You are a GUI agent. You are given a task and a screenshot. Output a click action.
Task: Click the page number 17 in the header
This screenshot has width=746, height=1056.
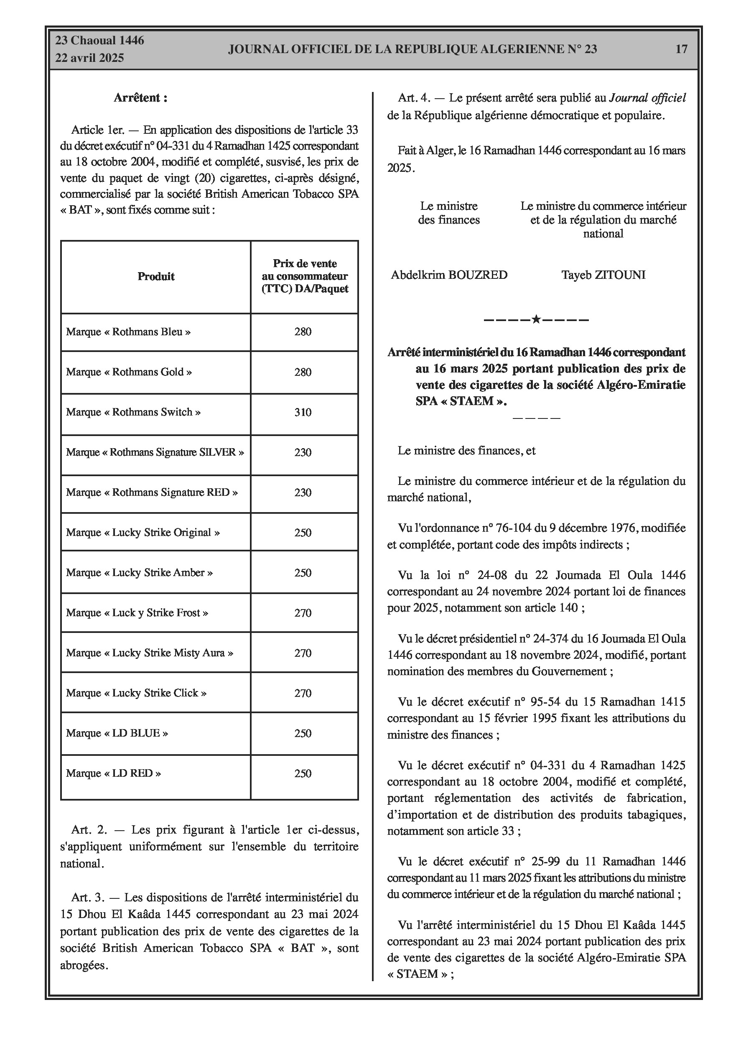681,49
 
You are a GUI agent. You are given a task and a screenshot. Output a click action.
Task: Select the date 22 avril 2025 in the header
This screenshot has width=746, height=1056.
90,58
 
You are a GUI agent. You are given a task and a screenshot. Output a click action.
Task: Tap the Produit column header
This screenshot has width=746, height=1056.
156,276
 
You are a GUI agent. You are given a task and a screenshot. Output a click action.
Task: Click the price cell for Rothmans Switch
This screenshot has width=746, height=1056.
303,413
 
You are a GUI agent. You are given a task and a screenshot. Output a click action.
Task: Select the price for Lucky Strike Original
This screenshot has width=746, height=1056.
303,533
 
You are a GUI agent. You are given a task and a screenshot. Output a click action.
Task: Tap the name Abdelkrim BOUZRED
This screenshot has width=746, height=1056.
449,275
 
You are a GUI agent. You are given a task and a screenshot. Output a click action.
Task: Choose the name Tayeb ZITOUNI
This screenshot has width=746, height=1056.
603,275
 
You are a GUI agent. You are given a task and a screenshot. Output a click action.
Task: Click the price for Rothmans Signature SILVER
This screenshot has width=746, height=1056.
303,453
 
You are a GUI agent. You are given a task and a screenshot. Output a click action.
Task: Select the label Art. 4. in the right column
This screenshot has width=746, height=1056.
414,98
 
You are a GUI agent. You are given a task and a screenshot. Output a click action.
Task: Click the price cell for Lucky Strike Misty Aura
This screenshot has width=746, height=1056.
303,653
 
